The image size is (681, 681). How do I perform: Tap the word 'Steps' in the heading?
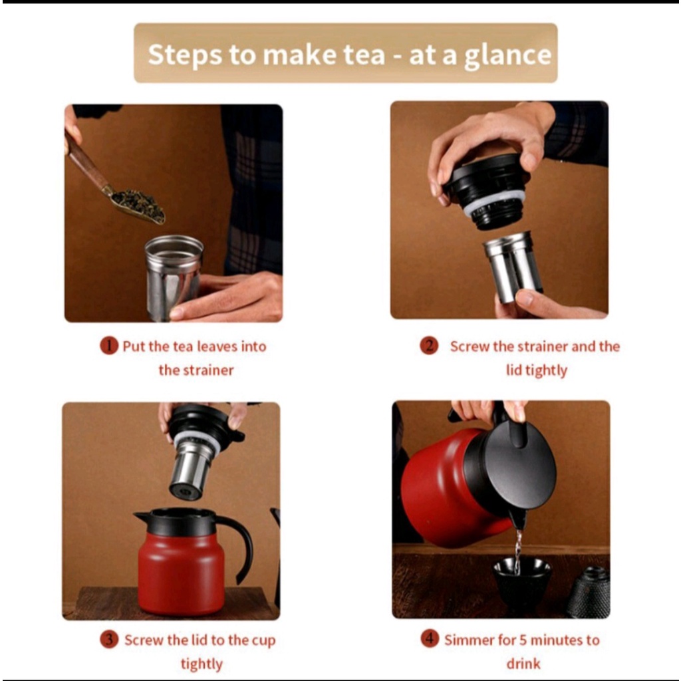click(x=185, y=55)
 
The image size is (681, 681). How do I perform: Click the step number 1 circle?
click(x=109, y=346)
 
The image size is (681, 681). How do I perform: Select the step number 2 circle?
click(x=429, y=346)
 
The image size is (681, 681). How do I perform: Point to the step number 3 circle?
click(x=109, y=639)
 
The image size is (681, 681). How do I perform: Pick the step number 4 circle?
click(x=430, y=638)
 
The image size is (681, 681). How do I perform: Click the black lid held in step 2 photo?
click(x=486, y=189)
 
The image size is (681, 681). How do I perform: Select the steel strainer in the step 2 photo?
click(x=513, y=266)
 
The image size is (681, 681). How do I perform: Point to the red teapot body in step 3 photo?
click(x=182, y=573)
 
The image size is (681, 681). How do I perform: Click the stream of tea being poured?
click(x=517, y=551)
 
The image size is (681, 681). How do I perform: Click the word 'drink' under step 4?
click(x=523, y=663)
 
